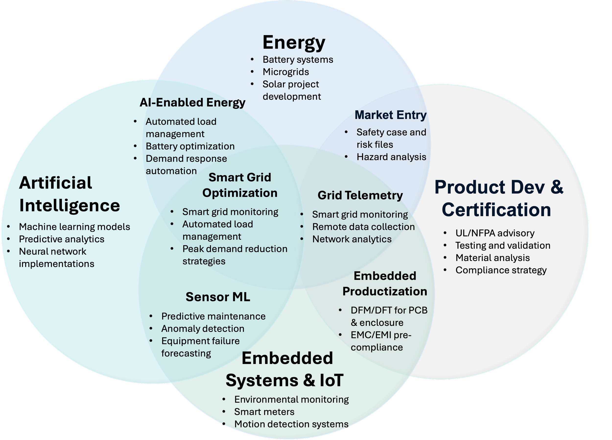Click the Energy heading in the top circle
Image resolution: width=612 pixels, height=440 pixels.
[x=294, y=42]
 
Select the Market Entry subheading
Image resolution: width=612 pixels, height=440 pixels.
[x=390, y=115]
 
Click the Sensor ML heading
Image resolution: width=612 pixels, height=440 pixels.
[x=218, y=297]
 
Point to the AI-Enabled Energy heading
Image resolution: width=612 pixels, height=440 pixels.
[x=192, y=103]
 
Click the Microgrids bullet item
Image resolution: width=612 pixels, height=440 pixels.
[x=286, y=72]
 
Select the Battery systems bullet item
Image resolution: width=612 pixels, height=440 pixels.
[x=298, y=59]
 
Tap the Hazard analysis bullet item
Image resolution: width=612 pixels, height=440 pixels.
[x=391, y=157]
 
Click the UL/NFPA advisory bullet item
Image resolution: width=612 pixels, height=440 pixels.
[x=495, y=233]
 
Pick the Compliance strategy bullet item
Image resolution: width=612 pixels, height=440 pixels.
[x=501, y=270]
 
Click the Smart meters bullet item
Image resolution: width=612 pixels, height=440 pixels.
[x=264, y=412]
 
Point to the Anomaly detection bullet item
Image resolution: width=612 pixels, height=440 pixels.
[x=203, y=329]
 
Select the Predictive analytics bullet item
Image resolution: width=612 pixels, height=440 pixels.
[x=61, y=239]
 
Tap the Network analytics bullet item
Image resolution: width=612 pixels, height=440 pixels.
[x=352, y=239]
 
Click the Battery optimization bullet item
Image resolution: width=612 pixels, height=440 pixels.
[x=190, y=146]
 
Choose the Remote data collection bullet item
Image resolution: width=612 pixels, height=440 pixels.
[x=363, y=227]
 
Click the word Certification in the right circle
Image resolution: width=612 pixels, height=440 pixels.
[x=496, y=210]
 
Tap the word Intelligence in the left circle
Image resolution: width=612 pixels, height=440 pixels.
[x=70, y=205]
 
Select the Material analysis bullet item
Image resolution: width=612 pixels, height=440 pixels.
[x=493, y=258]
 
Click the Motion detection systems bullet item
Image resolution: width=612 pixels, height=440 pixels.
[x=291, y=424]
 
